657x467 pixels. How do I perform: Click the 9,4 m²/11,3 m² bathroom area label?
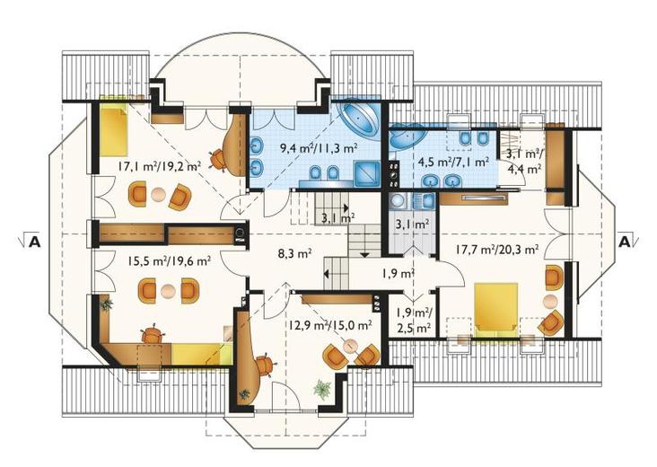coord(318,147)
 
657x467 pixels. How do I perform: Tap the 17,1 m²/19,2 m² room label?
coord(159,166)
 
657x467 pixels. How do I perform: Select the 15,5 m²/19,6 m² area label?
coord(170,261)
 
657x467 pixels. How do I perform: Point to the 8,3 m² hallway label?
coord(294,253)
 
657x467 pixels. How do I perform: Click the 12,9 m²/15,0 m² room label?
coord(330,325)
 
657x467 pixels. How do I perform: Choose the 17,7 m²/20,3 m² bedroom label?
coord(497,250)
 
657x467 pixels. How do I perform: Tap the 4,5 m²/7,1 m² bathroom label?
coord(454,162)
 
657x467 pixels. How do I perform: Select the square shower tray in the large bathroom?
coord(367,173)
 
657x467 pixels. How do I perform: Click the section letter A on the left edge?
coord(34,242)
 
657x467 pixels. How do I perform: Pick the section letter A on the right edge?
coord(625,242)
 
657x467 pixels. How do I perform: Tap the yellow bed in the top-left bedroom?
coord(112,129)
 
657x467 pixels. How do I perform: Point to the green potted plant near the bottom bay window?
coord(322,388)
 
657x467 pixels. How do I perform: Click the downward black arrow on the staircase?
coord(364,254)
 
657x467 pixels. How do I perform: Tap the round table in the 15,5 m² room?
coord(169,291)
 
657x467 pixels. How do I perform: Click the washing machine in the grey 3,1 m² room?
coord(397,201)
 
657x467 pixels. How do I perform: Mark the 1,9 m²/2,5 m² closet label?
coord(414,321)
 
